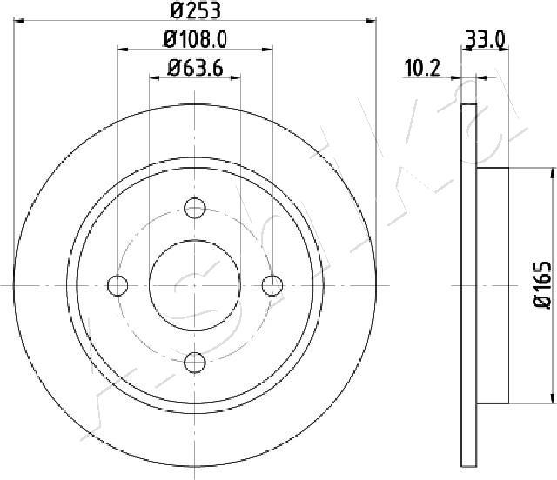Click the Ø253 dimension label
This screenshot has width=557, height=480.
(195, 10)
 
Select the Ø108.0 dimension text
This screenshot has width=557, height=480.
(195, 39)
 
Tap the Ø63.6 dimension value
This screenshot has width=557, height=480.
(195, 68)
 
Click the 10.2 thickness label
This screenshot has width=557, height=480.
(422, 68)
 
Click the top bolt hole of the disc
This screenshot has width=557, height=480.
(195, 208)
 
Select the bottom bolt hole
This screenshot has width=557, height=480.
(195, 363)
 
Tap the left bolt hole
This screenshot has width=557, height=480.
(117, 285)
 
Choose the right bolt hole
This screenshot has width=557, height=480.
(272, 285)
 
